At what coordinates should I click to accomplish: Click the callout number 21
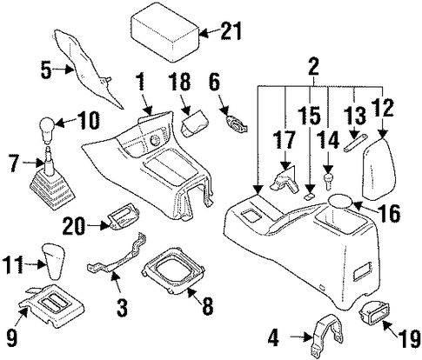click(231, 31)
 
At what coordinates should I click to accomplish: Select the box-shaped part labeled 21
click(166, 32)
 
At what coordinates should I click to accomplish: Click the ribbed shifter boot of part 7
click(53, 189)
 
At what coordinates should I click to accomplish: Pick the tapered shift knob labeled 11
click(54, 262)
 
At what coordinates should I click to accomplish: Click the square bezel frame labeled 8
click(174, 271)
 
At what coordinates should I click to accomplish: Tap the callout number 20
click(74, 225)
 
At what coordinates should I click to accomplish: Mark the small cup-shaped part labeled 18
click(195, 123)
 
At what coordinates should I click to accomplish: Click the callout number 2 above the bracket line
click(313, 66)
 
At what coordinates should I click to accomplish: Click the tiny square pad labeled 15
click(309, 197)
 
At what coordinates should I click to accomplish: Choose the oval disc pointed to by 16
click(340, 201)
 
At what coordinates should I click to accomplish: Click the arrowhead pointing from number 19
click(386, 325)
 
